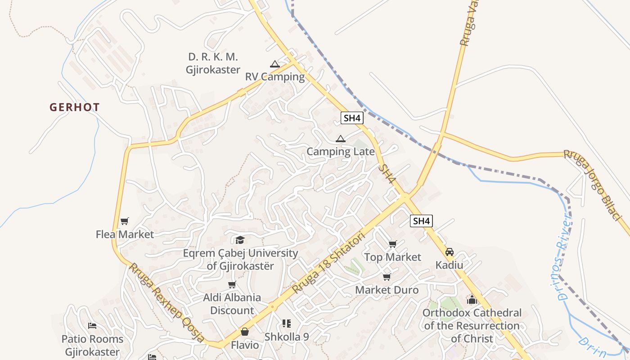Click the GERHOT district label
point(75,107)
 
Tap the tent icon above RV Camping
point(275,64)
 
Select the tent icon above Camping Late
point(340,139)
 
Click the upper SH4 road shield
point(351,118)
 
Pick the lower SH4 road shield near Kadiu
point(421,221)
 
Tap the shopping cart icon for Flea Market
point(125,221)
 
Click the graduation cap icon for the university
point(240,240)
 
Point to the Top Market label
point(392,257)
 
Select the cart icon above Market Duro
point(387,277)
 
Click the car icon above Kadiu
point(449,252)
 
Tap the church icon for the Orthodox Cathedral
point(472,299)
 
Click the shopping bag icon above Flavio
point(244,332)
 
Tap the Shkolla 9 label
point(286,337)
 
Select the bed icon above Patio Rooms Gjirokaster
point(92,326)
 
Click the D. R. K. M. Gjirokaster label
point(213,63)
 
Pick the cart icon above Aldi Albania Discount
point(232,284)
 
